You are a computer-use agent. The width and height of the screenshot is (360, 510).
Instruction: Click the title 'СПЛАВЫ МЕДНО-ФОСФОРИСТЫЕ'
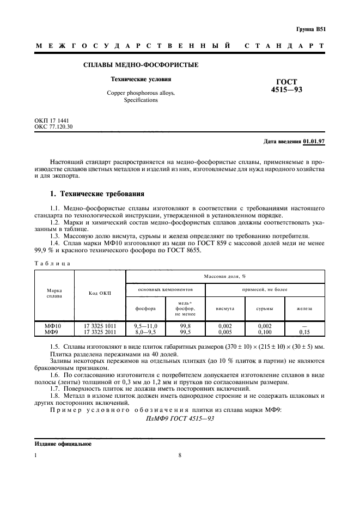click(141, 65)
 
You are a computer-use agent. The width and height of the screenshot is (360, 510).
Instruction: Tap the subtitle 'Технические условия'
click(141, 80)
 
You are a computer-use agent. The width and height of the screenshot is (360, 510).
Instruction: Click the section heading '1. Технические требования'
click(97, 194)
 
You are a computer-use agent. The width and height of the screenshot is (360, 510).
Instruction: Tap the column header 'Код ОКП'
click(99, 293)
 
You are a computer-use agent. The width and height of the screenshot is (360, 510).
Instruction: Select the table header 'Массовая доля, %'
click(225, 276)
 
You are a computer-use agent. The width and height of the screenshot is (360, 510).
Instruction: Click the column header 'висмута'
click(225, 308)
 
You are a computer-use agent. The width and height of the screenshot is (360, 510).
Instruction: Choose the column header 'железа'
click(304, 308)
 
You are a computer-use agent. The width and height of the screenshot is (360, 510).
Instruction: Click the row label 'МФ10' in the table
click(54, 325)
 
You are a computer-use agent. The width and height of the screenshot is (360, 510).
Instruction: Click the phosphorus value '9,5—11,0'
click(145, 325)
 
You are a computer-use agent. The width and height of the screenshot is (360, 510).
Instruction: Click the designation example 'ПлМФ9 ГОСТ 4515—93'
click(180, 418)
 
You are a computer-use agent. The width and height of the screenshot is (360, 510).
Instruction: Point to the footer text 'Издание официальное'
click(63, 444)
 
